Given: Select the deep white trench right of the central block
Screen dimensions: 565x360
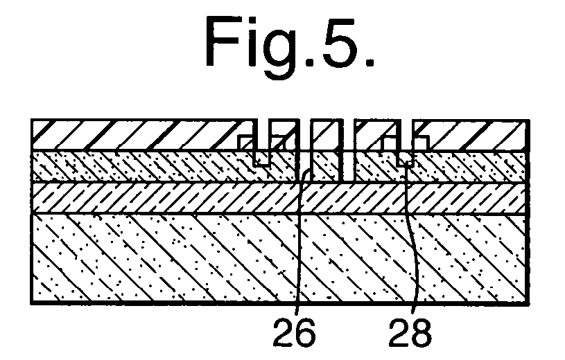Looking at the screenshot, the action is [x=348, y=150].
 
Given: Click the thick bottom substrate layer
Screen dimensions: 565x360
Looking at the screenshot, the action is [x=280, y=258].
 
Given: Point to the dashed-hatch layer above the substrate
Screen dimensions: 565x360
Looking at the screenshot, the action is [x=280, y=199].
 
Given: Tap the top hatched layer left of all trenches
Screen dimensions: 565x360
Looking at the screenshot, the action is [x=137, y=134].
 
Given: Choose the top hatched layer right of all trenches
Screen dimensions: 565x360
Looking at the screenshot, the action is [x=476, y=134].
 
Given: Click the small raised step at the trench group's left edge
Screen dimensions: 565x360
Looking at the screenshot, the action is [x=245, y=143].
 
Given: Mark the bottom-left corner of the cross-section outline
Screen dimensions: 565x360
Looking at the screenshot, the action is [x=32, y=303].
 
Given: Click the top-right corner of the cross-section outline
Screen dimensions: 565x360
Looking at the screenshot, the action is [x=529, y=120].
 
